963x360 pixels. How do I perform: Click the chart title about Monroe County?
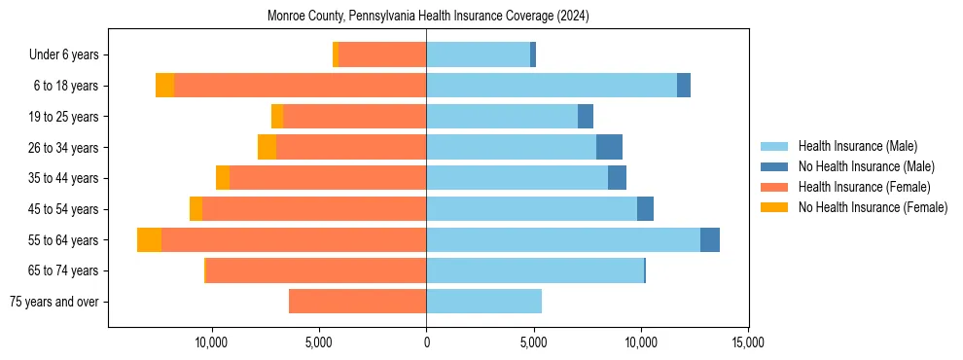click(x=428, y=17)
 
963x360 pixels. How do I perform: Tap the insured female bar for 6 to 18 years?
click(x=300, y=86)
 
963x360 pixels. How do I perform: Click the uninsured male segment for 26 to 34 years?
click(x=609, y=147)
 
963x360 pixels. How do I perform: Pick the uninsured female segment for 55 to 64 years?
click(x=149, y=239)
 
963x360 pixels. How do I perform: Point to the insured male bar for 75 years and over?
click(x=483, y=302)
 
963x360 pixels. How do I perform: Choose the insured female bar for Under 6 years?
click(x=382, y=54)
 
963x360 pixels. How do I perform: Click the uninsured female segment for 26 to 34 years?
click(x=267, y=147)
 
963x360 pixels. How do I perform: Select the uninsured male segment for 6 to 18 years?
click(x=684, y=86)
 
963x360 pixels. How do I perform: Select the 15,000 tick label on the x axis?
click(x=747, y=342)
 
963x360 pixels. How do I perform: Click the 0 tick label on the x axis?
click(x=426, y=342)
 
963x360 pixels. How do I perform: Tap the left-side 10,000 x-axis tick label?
click(x=211, y=342)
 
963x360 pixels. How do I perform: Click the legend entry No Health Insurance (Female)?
click(x=872, y=207)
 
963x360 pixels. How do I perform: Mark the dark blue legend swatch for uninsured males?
click(x=774, y=166)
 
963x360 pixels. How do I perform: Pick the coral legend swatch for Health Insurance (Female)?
click(x=774, y=187)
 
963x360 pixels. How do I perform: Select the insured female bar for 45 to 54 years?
click(x=314, y=209)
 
